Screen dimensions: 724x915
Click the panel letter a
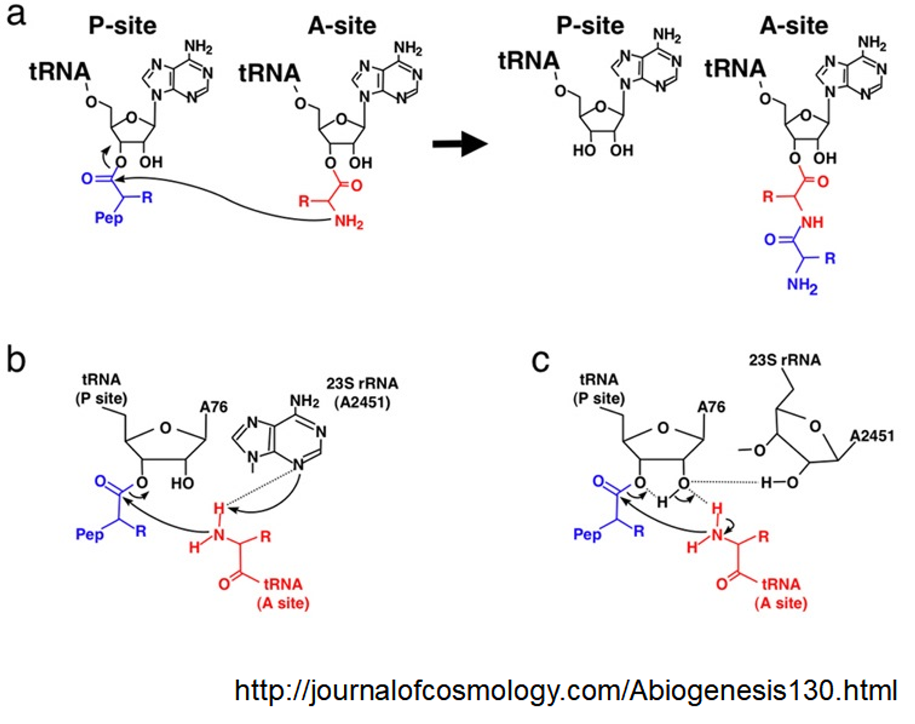click(x=17, y=14)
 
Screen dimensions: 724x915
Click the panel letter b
click(x=17, y=359)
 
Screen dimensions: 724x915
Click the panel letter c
click(x=540, y=361)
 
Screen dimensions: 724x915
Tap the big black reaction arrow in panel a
click(x=459, y=144)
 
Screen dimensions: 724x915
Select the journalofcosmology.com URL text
click(x=566, y=690)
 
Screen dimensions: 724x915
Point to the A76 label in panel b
click(x=213, y=407)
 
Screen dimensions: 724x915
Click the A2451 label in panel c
click(x=872, y=436)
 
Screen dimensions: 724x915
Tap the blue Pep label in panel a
click(x=109, y=219)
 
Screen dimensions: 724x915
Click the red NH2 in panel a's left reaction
click(x=349, y=222)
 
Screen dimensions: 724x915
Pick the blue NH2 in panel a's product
click(x=802, y=285)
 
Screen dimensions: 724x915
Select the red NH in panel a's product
click(x=811, y=222)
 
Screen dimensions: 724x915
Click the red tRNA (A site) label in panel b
click(x=283, y=593)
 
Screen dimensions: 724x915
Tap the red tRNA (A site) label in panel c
click(x=781, y=593)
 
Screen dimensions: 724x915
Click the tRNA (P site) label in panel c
click(x=599, y=389)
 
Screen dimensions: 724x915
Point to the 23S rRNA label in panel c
click(x=785, y=360)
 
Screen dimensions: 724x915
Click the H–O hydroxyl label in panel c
click(x=779, y=484)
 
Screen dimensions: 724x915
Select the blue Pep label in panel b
click(x=90, y=534)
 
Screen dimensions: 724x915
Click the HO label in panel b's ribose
click(x=182, y=484)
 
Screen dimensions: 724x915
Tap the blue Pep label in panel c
click(x=587, y=534)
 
